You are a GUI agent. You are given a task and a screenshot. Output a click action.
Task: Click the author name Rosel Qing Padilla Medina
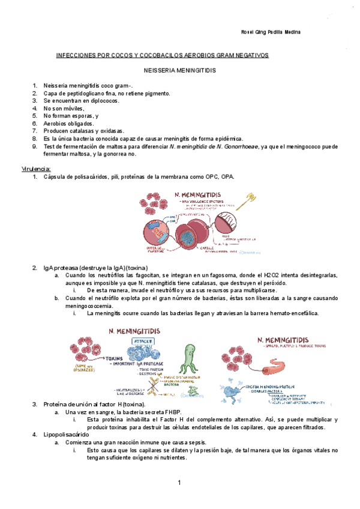coord(270,32)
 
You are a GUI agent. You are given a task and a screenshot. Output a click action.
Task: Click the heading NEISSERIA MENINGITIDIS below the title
coord(180,70)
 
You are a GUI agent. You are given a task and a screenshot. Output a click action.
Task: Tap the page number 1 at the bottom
coord(179,484)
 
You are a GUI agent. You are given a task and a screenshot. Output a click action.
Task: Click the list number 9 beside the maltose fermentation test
coord(35,146)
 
